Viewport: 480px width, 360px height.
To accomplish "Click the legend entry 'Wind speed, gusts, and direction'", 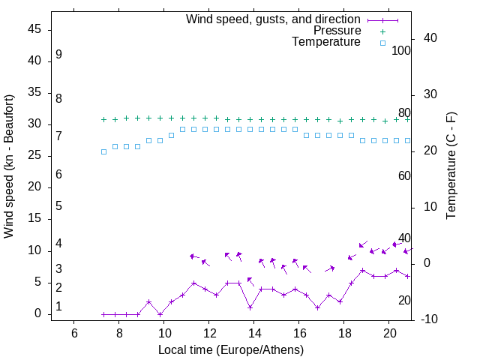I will (273, 19).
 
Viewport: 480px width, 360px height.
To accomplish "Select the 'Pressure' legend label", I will (337, 31).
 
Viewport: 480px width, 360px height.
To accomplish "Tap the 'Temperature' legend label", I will (326, 43).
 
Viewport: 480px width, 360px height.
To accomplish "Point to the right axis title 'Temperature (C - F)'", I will (451, 166).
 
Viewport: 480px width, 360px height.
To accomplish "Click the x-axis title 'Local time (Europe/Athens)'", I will (231, 350).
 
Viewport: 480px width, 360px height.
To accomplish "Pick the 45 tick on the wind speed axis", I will (37, 29).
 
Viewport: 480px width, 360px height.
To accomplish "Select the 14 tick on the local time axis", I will (254, 333).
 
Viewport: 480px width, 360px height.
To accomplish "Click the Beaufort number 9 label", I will (58, 55).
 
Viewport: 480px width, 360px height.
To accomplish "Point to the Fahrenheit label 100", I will (401, 50).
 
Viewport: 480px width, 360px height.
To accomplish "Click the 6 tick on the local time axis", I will (74, 333).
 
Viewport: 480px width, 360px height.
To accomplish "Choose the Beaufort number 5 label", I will (58, 206).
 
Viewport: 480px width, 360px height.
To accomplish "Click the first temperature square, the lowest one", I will (103, 151).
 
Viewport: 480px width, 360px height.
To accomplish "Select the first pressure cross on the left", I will (103, 119).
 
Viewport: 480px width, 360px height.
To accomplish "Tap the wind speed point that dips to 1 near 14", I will (250, 307).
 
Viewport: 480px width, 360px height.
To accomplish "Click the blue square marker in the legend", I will (382, 43).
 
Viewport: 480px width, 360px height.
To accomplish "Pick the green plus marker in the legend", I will (382, 31).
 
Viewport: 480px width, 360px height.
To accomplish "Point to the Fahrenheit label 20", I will (404, 300).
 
